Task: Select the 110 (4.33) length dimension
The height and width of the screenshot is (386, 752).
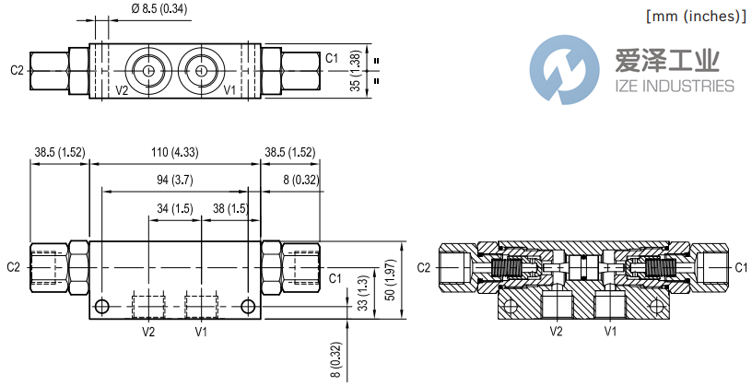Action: click(x=174, y=152)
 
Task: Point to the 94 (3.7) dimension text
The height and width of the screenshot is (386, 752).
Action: click(x=174, y=180)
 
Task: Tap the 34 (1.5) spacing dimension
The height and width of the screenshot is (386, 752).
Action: click(x=174, y=209)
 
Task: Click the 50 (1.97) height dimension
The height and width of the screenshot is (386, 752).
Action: click(x=388, y=280)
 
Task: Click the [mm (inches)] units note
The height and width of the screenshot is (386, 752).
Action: click(x=694, y=16)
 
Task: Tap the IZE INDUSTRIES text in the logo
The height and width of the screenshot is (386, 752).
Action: click(x=673, y=86)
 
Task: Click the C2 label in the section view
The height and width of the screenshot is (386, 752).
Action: click(x=423, y=267)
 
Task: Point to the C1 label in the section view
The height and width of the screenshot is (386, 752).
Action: click(x=740, y=267)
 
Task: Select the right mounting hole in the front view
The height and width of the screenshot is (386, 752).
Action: click(x=246, y=306)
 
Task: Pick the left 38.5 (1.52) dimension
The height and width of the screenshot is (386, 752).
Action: click(x=59, y=152)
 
